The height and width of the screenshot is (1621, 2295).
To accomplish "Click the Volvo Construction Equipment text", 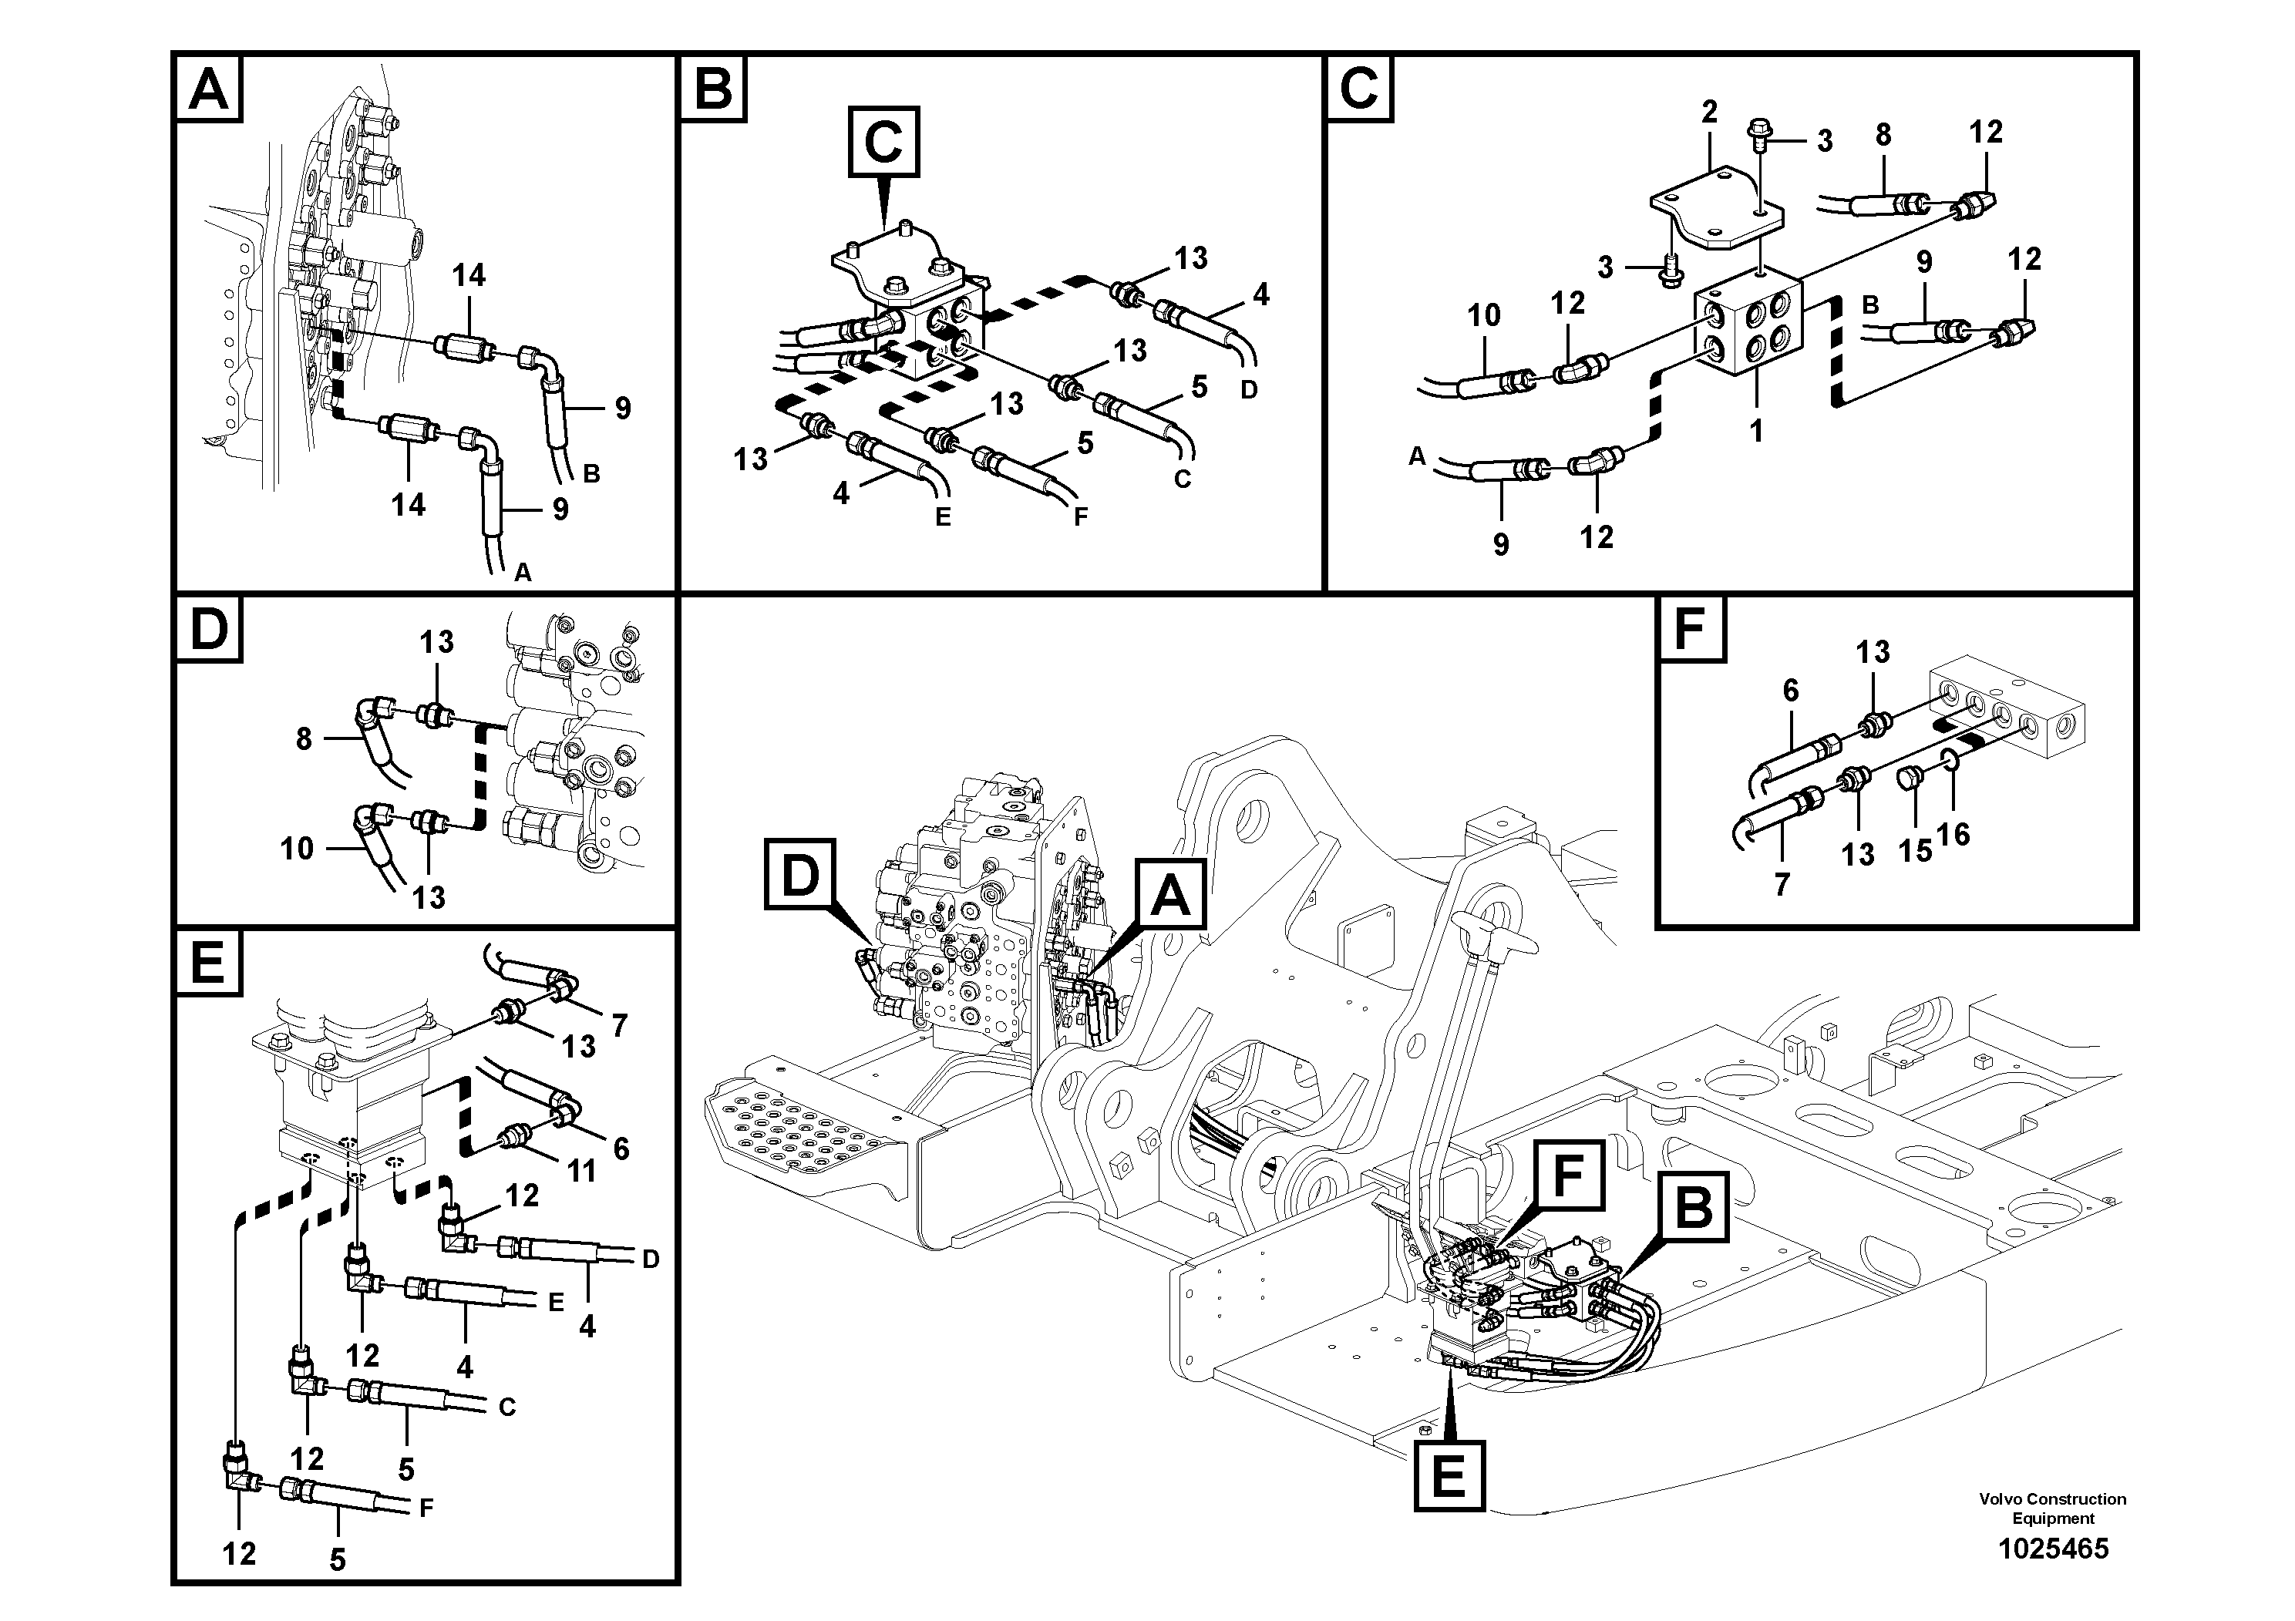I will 2053,1508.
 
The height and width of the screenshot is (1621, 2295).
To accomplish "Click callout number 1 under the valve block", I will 1756,431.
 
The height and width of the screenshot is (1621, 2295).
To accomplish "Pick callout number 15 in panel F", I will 1915,850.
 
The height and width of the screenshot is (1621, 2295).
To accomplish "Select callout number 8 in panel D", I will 304,738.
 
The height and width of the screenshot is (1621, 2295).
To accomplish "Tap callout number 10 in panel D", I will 297,849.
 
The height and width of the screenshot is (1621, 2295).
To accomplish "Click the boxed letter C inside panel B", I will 883,143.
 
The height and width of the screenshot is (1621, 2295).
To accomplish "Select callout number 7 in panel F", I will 1782,883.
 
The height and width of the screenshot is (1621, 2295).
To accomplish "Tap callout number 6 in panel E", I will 621,1148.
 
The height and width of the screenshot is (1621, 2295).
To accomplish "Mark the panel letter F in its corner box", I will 1691,629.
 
